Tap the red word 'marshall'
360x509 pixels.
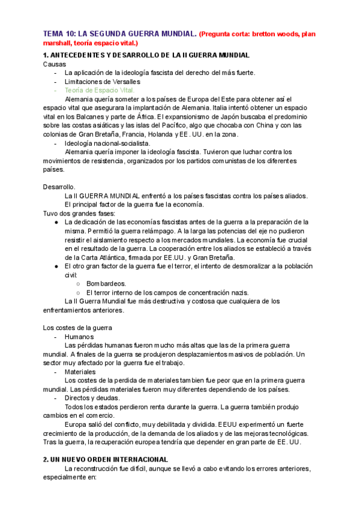point(58,43)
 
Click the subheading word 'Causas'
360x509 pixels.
point(55,64)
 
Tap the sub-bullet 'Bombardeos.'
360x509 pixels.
point(106,283)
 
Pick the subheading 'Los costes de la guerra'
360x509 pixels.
point(77,328)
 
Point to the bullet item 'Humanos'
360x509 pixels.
point(79,337)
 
